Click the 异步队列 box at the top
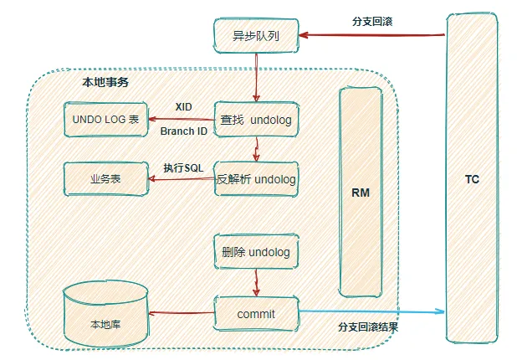[x=254, y=36]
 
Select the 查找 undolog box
[x=255, y=120]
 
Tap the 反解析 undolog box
[x=255, y=178]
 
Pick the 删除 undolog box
[x=255, y=251]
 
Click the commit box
[x=255, y=314]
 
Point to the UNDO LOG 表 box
[x=105, y=120]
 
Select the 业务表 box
[x=105, y=179]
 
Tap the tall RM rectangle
[x=360, y=191]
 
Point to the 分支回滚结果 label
[x=367, y=327]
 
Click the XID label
[x=184, y=108]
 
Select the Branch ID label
[x=183, y=131]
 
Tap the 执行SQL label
[x=182, y=167]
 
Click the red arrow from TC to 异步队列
[x=371, y=35]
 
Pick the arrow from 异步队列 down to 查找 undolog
[x=255, y=76]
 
